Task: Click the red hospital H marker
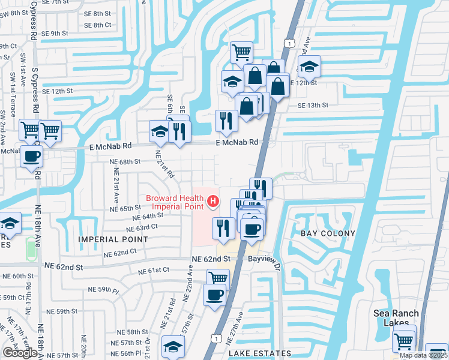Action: tap(212, 201)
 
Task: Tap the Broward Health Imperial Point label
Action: tap(175, 202)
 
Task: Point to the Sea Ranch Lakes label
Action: tap(394, 317)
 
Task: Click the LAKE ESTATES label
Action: tap(259, 353)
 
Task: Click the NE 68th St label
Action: tap(124, 161)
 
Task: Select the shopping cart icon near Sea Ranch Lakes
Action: tap(404, 340)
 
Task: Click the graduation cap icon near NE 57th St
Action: tap(173, 346)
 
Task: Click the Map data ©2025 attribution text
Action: tap(424, 355)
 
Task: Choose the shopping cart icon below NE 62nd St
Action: tap(218, 278)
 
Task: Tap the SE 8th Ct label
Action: tap(98, 25)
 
